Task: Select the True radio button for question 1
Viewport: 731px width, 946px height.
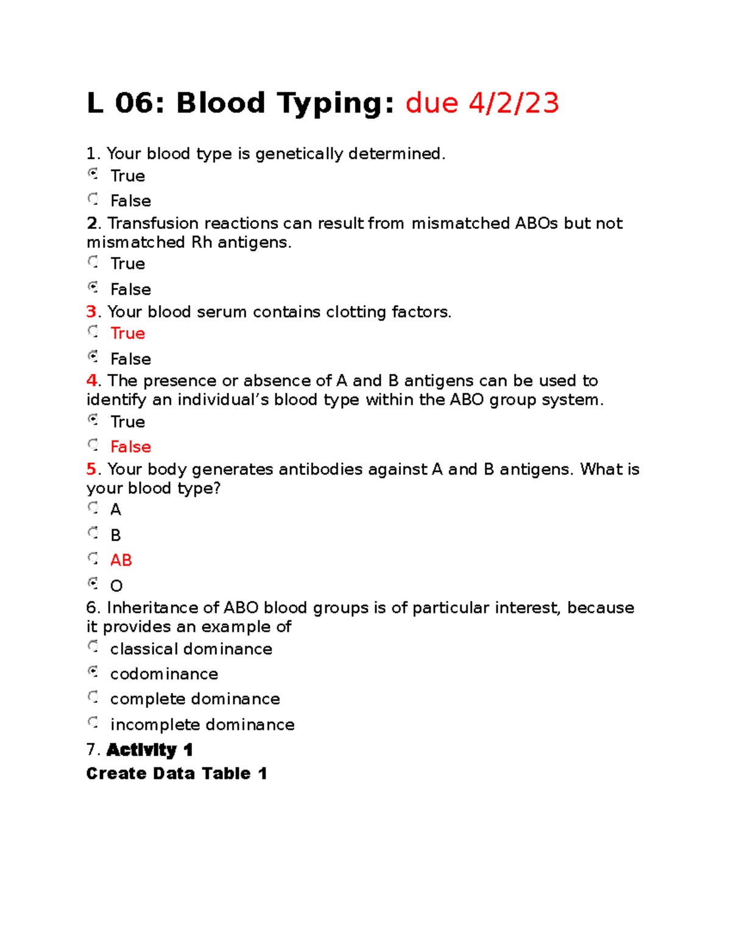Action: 93,174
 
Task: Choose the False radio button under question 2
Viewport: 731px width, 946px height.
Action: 93,287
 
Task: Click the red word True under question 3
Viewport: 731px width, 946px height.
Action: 127,333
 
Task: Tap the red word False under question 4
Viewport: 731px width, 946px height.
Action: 130,447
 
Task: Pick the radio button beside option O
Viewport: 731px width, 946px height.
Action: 93,584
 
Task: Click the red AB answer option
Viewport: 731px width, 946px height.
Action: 121,560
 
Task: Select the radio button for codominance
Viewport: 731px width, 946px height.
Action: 93,672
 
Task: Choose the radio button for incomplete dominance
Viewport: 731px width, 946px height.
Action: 93,722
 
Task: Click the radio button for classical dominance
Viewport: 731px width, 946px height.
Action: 93,646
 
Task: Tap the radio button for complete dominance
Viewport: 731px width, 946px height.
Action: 93,697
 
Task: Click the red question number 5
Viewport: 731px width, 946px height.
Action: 91,469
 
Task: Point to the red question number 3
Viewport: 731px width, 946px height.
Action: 91,312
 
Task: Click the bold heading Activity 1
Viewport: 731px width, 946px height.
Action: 150,750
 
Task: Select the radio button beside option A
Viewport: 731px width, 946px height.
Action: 93,507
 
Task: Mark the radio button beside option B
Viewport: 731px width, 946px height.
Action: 93,533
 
